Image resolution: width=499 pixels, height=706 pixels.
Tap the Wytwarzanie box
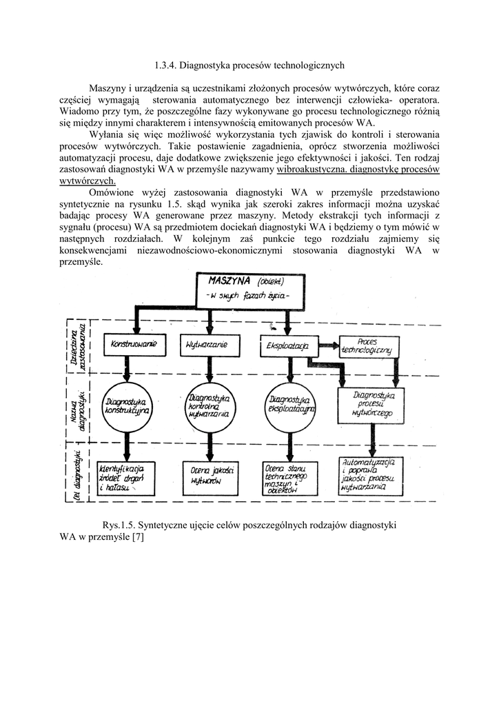pyautogui.click(x=203, y=343)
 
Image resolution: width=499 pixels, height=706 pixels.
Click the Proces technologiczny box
pyautogui.click(x=366, y=345)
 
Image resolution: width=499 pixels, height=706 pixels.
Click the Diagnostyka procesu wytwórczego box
pyautogui.click(x=372, y=405)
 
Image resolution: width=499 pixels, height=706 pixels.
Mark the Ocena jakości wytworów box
pyautogui.click(x=207, y=476)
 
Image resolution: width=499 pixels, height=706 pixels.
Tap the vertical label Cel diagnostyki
pyautogui.click(x=80, y=475)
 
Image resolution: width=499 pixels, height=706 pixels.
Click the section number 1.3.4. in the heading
pyautogui.click(x=162, y=65)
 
